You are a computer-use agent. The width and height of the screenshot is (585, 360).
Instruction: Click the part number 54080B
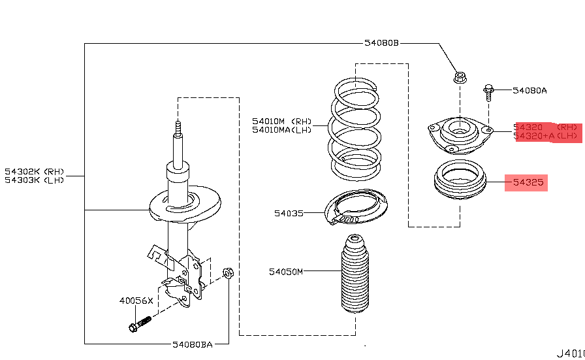coord(381,44)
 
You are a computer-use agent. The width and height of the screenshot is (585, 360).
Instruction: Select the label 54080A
coord(530,91)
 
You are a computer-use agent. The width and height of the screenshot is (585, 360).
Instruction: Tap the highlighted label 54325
coord(528,183)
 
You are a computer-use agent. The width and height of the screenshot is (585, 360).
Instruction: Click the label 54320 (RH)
coord(546,127)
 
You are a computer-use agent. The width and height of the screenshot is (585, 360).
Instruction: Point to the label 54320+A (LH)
coord(546,137)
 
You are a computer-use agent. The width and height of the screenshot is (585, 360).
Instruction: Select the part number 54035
coord(289,213)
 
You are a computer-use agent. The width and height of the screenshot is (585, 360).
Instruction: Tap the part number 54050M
coord(286,271)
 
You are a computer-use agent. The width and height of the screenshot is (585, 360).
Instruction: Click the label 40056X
coord(136,301)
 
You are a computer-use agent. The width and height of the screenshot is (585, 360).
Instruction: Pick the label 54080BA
coord(193,344)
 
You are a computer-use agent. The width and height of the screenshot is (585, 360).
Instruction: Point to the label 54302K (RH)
coord(35,172)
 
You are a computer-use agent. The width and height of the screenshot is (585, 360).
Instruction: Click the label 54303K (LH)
coord(35,180)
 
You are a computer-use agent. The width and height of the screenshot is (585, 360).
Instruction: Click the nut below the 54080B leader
coord(460,78)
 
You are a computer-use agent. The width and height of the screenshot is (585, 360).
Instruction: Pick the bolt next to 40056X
coord(140,323)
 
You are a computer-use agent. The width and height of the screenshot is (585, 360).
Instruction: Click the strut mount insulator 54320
coord(460,135)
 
